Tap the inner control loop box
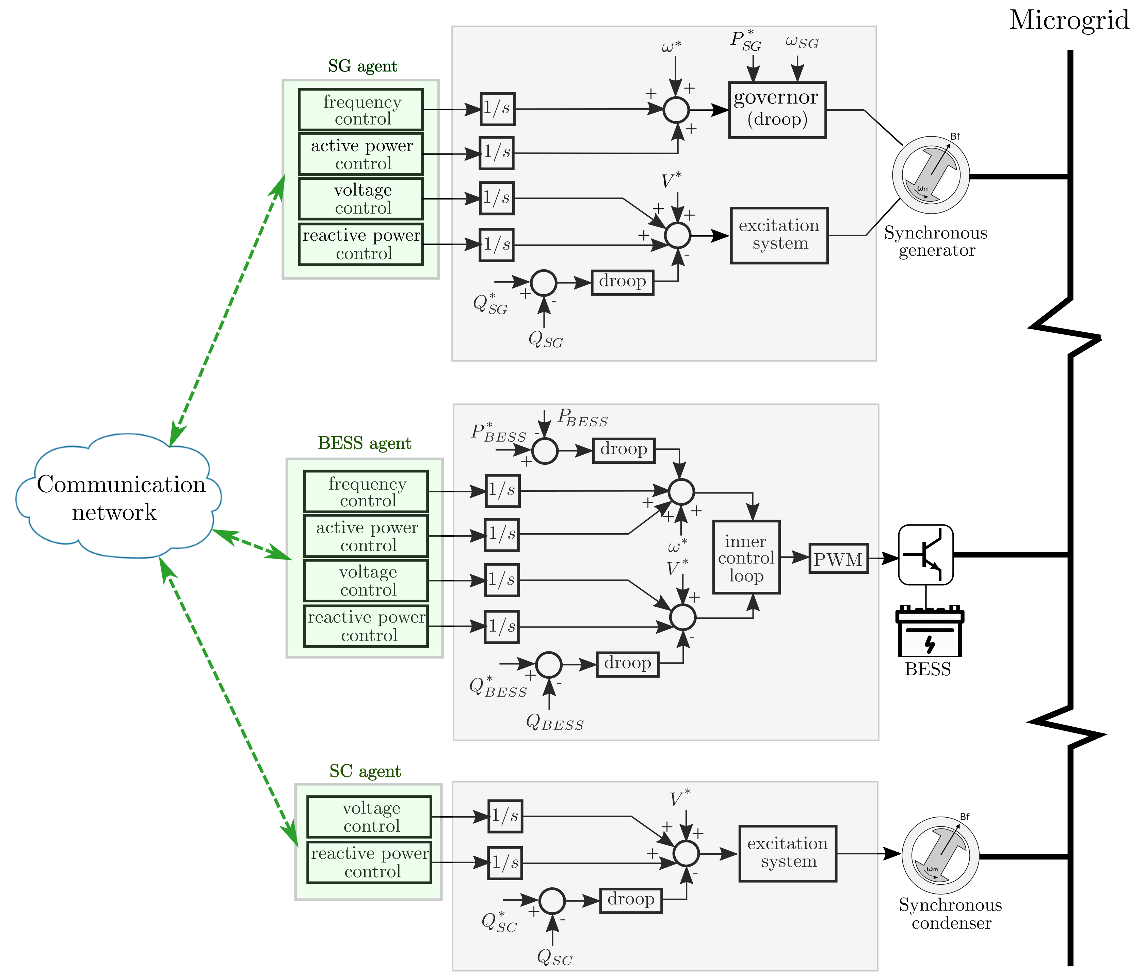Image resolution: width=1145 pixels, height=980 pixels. point(746,557)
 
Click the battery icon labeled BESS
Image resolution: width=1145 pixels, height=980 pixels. point(930,633)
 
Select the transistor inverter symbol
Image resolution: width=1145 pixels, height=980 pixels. point(925,554)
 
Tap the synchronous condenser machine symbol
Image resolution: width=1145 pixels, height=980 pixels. point(940,855)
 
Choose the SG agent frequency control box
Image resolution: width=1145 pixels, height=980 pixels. point(361,109)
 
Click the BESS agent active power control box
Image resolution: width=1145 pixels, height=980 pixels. point(366,536)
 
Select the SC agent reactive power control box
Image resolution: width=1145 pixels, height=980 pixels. point(369,862)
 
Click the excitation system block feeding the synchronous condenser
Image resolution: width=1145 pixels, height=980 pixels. point(788,853)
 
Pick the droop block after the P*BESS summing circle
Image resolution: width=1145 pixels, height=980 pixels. point(623,450)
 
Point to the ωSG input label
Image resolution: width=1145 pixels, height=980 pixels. point(802,42)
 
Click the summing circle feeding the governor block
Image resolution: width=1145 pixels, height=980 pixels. point(676,109)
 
